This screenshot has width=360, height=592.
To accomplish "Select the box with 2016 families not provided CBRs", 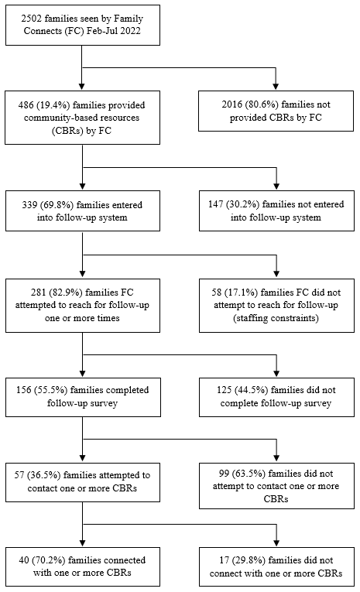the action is click(276, 111).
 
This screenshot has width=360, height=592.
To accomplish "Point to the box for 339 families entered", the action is click(83, 210).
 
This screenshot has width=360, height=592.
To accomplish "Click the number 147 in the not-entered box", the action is click(216, 204).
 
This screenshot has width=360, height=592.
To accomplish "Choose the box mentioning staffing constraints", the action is click(276, 306).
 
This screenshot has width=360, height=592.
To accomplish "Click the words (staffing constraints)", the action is click(276, 318).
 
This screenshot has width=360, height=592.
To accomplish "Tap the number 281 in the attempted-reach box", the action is click(38, 293).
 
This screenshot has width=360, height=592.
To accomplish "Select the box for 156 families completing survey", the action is click(83, 397).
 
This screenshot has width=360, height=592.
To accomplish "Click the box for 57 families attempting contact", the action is click(83, 482).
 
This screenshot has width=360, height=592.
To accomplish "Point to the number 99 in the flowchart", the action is click(224, 474).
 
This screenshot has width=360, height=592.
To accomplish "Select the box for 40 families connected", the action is click(83, 566).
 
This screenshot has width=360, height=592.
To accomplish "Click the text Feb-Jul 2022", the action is click(113, 31).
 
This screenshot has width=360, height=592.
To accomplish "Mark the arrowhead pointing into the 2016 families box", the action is click(276, 87).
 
